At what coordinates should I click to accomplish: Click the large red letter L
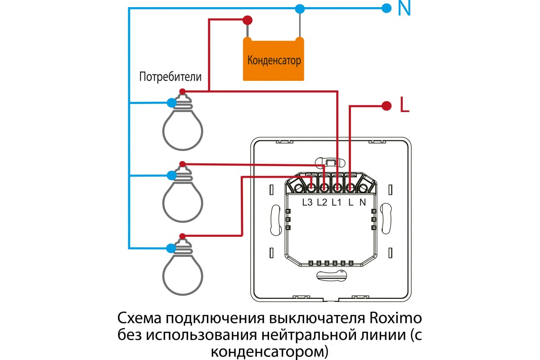[404, 106]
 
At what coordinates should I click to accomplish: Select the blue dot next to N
[386, 8]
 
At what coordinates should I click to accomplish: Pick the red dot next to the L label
[386, 106]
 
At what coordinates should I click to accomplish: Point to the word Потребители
[170, 76]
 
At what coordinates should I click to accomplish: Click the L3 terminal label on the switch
[307, 202]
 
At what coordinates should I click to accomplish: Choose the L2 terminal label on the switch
[322, 202]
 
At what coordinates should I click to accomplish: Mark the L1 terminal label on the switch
[336, 202]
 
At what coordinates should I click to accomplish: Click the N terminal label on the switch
[363, 202]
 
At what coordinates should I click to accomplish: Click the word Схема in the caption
[139, 319]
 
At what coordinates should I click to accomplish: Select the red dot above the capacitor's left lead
[247, 20]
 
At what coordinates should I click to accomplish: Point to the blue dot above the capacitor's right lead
[299, 8]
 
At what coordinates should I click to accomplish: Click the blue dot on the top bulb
[171, 103]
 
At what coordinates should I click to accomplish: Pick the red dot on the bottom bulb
[182, 237]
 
